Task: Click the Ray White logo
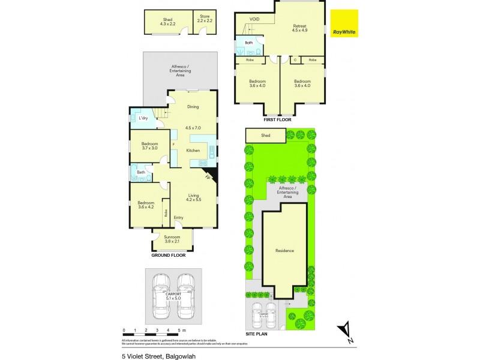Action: (344, 24)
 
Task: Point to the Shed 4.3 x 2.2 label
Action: (167, 22)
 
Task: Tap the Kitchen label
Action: (193, 150)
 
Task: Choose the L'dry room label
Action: (143, 118)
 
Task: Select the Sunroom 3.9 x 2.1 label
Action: (172, 239)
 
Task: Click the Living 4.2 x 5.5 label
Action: (193, 197)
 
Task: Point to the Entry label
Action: (179, 217)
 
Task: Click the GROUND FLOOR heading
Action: (168, 255)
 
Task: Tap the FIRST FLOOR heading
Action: (277, 119)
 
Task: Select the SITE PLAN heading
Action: (256, 334)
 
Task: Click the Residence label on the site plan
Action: (284, 250)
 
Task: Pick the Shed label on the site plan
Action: (265, 136)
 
